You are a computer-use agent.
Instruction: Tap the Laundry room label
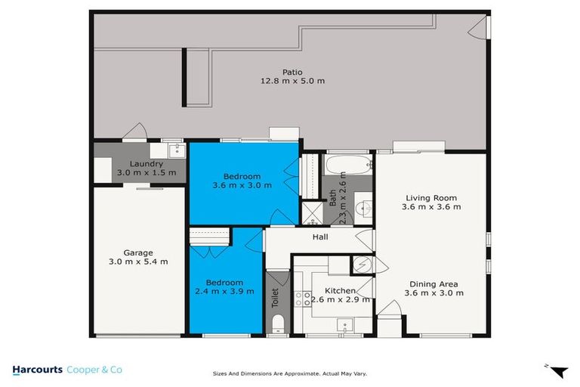(x=146, y=164)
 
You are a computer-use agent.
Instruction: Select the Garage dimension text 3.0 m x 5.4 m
(x=138, y=262)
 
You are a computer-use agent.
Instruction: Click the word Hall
(x=320, y=237)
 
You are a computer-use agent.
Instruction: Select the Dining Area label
(x=431, y=284)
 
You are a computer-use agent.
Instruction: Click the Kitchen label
(x=340, y=290)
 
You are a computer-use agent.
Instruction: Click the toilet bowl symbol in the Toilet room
(x=277, y=324)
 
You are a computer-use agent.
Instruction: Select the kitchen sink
(x=345, y=326)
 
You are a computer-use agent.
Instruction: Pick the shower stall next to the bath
(x=311, y=212)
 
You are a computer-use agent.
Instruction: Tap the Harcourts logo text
(x=40, y=370)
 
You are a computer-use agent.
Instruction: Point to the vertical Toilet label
(x=275, y=297)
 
